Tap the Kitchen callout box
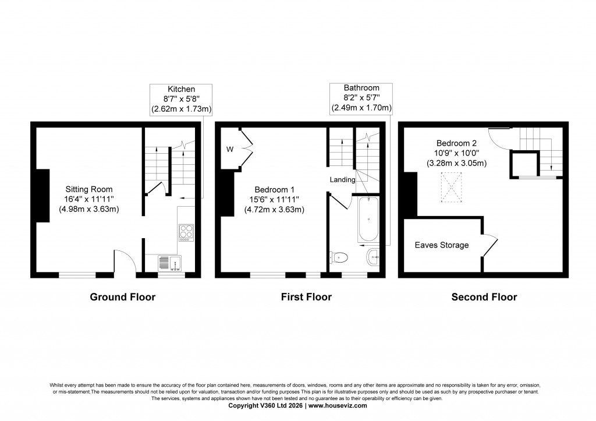coord(181,98)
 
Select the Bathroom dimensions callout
coord(361,98)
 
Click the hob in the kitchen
coord(186,232)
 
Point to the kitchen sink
coord(169,264)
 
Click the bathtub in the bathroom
coord(368,221)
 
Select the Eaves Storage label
coord(441,245)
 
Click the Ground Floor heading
coord(122,297)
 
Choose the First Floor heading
coord(306,297)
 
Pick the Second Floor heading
coord(484,297)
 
